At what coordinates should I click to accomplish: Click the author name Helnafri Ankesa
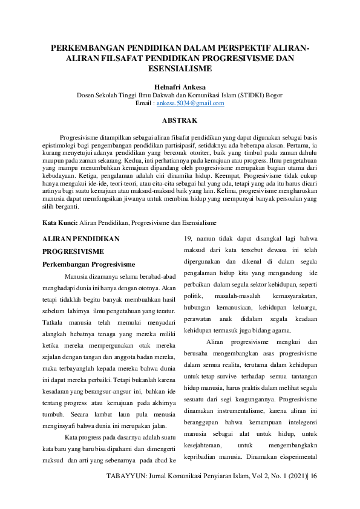click(180, 86)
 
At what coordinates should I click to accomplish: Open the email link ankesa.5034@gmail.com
click(191, 103)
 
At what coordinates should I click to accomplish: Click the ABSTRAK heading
click(180, 121)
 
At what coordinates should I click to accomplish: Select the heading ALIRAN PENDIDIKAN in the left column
click(80, 239)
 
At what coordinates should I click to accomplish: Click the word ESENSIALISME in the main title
click(180, 70)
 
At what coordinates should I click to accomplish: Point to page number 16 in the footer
click(314, 494)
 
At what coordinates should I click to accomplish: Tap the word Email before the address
click(144, 103)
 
